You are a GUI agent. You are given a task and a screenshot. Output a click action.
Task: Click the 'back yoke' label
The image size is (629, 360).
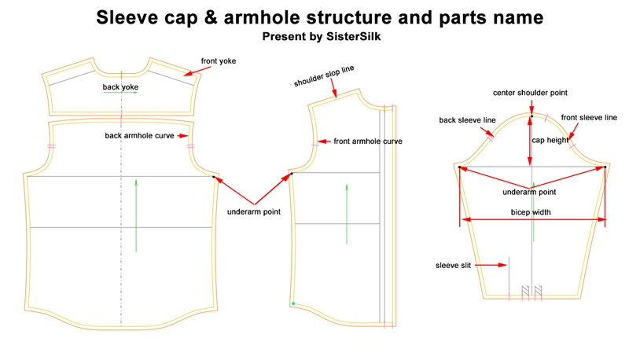120,86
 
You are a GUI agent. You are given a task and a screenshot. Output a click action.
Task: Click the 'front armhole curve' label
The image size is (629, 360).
368,141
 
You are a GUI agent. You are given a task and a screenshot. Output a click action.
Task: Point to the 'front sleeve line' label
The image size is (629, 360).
589,117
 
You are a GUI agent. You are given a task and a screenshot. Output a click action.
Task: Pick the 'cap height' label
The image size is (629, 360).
550,141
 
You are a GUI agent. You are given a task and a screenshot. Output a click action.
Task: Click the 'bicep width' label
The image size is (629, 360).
532,212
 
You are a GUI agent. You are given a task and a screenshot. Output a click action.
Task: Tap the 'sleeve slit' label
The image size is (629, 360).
453,266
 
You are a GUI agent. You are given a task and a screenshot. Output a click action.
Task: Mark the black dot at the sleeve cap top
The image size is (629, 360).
532,117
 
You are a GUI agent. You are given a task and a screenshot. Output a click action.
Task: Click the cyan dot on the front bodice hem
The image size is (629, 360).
293,303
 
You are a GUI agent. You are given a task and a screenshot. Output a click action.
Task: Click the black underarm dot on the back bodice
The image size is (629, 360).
215,178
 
